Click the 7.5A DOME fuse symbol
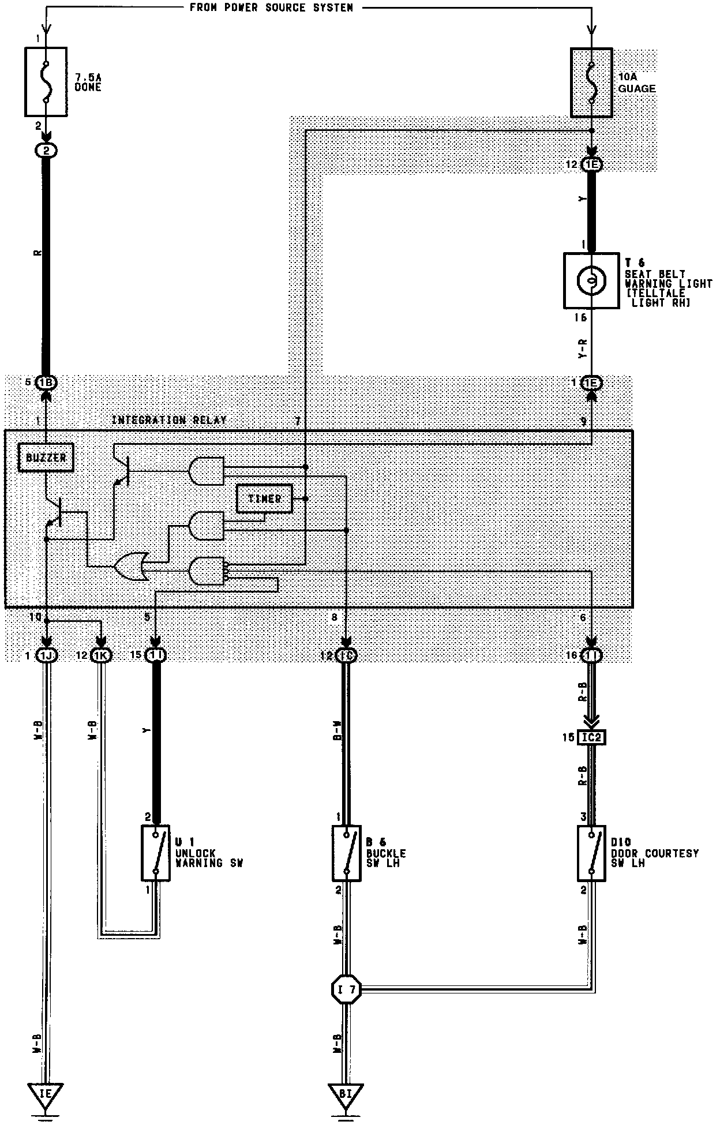(46, 81)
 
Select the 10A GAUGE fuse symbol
(591, 82)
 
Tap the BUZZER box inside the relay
(46, 457)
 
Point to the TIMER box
(264, 498)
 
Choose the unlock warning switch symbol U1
(156, 853)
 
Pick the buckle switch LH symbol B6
(346, 853)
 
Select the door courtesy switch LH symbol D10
(591, 853)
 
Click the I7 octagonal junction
(346, 991)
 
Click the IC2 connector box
(591, 737)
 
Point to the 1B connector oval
(46, 382)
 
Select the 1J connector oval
(46, 655)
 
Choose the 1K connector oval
(101, 655)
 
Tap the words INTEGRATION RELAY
(169, 420)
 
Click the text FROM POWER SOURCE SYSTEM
(271, 7)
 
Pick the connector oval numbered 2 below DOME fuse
(46, 151)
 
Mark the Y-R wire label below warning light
(583, 350)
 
